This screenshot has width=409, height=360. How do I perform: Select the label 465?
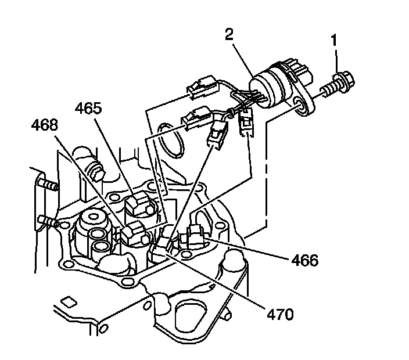(x=89, y=108)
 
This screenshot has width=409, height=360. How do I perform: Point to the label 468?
(x=46, y=124)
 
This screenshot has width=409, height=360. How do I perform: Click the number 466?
(x=306, y=260)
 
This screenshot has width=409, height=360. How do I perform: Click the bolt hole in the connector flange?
(x=300, y=105)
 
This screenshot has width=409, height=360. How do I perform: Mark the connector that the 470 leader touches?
(x=169, y=243)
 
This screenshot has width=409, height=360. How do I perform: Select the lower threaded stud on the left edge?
(x=48, y=221)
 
